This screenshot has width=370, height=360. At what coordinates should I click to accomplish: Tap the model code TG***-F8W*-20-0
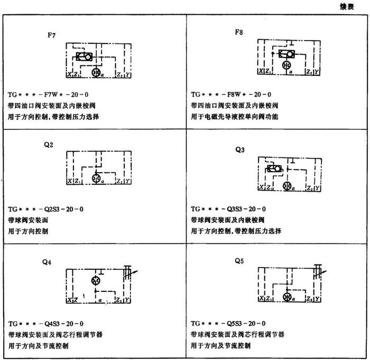click(228, 93)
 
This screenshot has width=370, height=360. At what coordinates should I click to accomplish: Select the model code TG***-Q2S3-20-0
click(45, 209)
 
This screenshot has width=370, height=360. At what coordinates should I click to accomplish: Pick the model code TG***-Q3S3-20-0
click(228, 209)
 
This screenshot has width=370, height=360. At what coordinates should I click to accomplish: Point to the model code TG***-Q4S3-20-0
click(45, 323)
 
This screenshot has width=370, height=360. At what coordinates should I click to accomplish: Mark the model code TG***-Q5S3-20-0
click(228, 323)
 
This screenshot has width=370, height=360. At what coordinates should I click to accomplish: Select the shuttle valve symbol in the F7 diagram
click(84, 56)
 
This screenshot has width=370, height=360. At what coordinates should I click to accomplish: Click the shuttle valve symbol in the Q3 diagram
click(274, 168)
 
